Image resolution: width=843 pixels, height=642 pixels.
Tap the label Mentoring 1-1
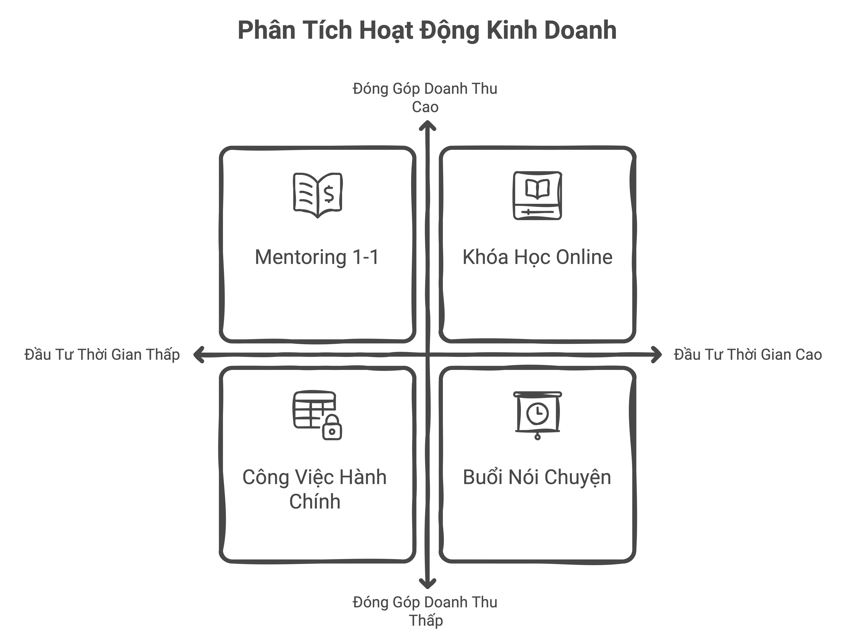point(317,257)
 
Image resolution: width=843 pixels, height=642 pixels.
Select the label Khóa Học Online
point(537,257)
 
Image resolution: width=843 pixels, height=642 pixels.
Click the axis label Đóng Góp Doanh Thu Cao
point(425,97)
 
